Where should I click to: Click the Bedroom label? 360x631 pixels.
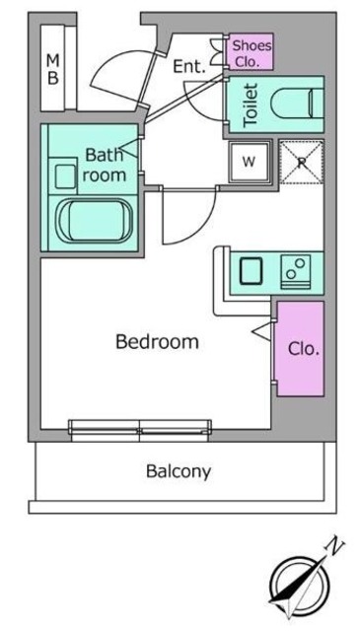click(x=157, y=342)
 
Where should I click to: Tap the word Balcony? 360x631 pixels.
click(x=179, y=470)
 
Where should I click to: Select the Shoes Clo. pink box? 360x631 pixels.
click(x=251, y=51)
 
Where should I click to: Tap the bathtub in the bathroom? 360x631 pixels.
click(x=95, y=220)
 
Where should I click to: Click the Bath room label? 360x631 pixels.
click(x=105, y=165)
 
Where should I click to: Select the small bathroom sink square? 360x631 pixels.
click(x=66, y=175)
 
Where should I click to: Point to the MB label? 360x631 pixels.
click(x=53, y=70)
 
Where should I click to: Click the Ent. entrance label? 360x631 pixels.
click(x=187, y=67)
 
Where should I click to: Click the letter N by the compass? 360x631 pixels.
click(x=335, y=544)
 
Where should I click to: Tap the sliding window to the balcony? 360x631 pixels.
click(x=139, y=427)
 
